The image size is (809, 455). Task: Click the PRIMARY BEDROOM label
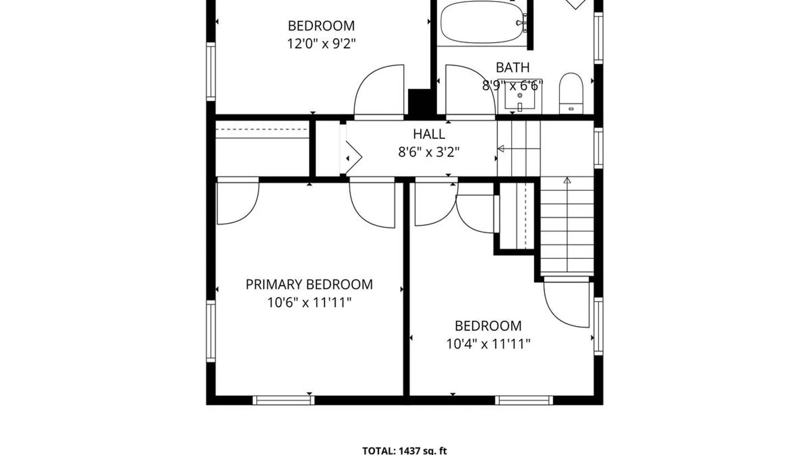pyautogui.click(x=309, y=284)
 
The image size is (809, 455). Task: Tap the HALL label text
pyautogui.click(x=429, y=134)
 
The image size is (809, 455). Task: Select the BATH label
pyautogui.click(x=512, y=67)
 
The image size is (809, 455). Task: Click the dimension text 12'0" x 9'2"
pyautogui.click(x=321, y=43)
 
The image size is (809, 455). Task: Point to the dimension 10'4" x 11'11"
pyautogui.click(x=488, y=344)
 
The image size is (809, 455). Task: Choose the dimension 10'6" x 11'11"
pyautogui.click(x=309, y=302)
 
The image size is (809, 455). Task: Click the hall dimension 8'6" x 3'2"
pyautogui.click(x=429, y=152)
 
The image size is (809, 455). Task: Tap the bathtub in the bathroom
pyautogui.click(x=482, y=22)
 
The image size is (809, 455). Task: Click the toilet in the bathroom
pyautogui.click(x=571, y=93)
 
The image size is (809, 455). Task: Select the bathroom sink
pyautogui.click(x=520, y=96)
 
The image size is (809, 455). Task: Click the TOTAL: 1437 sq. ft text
pyautogui.click(x=404, y=450)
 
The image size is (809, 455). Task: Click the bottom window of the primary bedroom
pyautogui.click(x=284, y=400)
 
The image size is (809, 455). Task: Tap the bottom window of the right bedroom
pyautogui.click(x=524, y=400)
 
